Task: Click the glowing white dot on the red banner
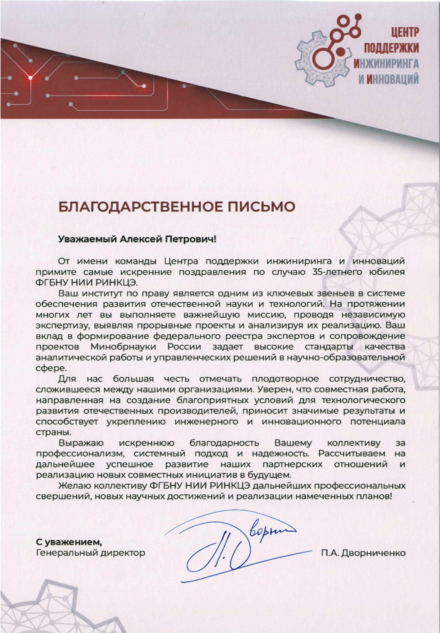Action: [30, 78]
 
